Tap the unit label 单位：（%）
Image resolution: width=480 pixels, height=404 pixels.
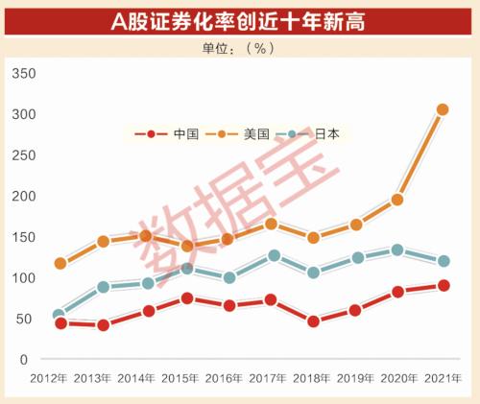pos(240,48)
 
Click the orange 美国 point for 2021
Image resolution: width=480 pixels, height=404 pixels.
pos(443,109)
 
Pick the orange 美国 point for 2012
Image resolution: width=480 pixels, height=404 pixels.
pos(60,263)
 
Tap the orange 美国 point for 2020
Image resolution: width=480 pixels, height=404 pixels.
pos(397,200)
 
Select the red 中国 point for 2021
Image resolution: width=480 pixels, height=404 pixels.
pos(443,285)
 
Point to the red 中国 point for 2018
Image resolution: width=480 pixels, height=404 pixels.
pos(313,321)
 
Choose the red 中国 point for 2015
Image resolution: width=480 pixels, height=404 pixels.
pos(187,298)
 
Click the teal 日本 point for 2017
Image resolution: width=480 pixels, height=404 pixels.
pos(274,255)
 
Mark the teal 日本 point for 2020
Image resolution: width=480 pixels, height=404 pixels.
pos(397,250)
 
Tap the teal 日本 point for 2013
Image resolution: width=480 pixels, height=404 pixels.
pos(104,287)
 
